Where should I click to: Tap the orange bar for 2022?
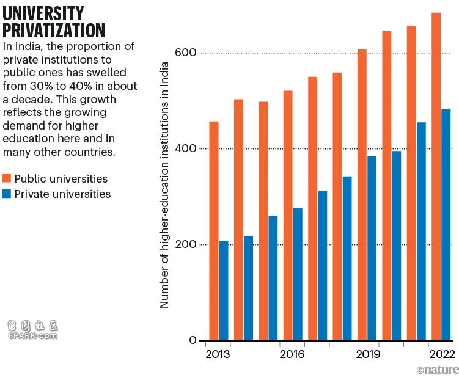(x=436, y=177)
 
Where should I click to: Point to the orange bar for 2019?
(x=362, y=195)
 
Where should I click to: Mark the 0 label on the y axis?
(x=193, y=340)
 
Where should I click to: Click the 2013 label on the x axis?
(x=218, y=354)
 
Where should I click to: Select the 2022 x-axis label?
(x=441, y=354)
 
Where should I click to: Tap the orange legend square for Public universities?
(x=7, y=178)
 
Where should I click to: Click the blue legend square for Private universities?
(x=7, y=194)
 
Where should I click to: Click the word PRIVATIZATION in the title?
(x=54, y=30)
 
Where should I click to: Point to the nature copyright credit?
(x=437, y=370)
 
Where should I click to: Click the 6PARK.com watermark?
(x=32, y=335)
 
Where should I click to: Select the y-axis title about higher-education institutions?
(x=164, y=196)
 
